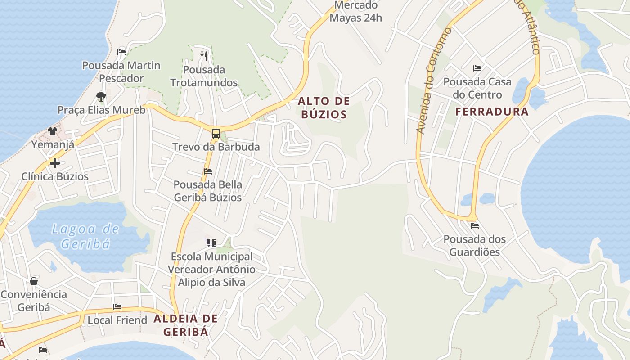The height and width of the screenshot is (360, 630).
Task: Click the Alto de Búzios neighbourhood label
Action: [x=324, y=108]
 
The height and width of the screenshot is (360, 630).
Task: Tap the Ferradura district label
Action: [x=492, y=112]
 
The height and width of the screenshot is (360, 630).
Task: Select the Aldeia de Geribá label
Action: [x=186, y=325]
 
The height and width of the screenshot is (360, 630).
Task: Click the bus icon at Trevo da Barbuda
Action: [x=216, y=133]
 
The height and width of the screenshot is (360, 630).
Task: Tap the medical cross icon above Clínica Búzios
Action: [x=55, y=163]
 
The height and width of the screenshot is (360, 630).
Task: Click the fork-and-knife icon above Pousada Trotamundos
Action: [x=204, y=56]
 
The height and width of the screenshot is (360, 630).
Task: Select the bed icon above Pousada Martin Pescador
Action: [x=121, y=52]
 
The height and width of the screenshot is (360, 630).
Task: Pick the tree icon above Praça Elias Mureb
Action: [x=101, y=96]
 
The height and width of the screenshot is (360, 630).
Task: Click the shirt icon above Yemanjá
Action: [x=53, y=131]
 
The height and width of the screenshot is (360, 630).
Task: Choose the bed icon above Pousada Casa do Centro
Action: [x=477, y=68]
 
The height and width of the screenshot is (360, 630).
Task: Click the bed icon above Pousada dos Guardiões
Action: [x=475, y=226]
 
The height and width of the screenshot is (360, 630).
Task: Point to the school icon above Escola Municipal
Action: [x=211, y=243]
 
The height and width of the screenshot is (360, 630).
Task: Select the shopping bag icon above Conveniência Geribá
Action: [x=34, y=282]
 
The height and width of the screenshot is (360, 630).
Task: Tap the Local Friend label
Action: [x=117, y=320]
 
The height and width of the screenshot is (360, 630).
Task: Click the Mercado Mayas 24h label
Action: [x=355, y=12]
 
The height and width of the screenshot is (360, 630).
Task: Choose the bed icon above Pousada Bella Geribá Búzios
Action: [x=208, y=171]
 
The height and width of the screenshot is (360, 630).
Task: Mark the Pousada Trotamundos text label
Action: [x=204, y=76]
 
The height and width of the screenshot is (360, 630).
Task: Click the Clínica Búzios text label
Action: [x=55, y=176]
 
